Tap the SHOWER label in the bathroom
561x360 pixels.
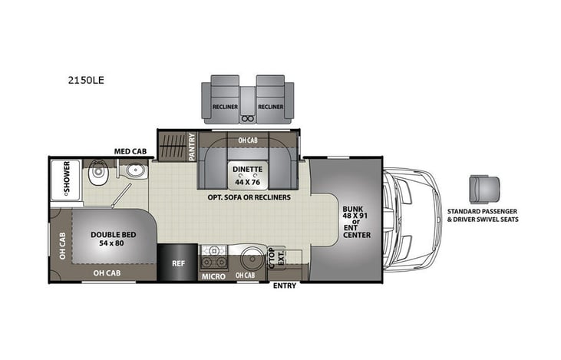[x=68, y=177]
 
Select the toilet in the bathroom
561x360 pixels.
[x=97, y=177]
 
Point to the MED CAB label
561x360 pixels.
[x=130, y=151]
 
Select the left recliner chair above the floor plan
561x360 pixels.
[x=225, y=101]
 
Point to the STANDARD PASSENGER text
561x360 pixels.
[x=482, y=210]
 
